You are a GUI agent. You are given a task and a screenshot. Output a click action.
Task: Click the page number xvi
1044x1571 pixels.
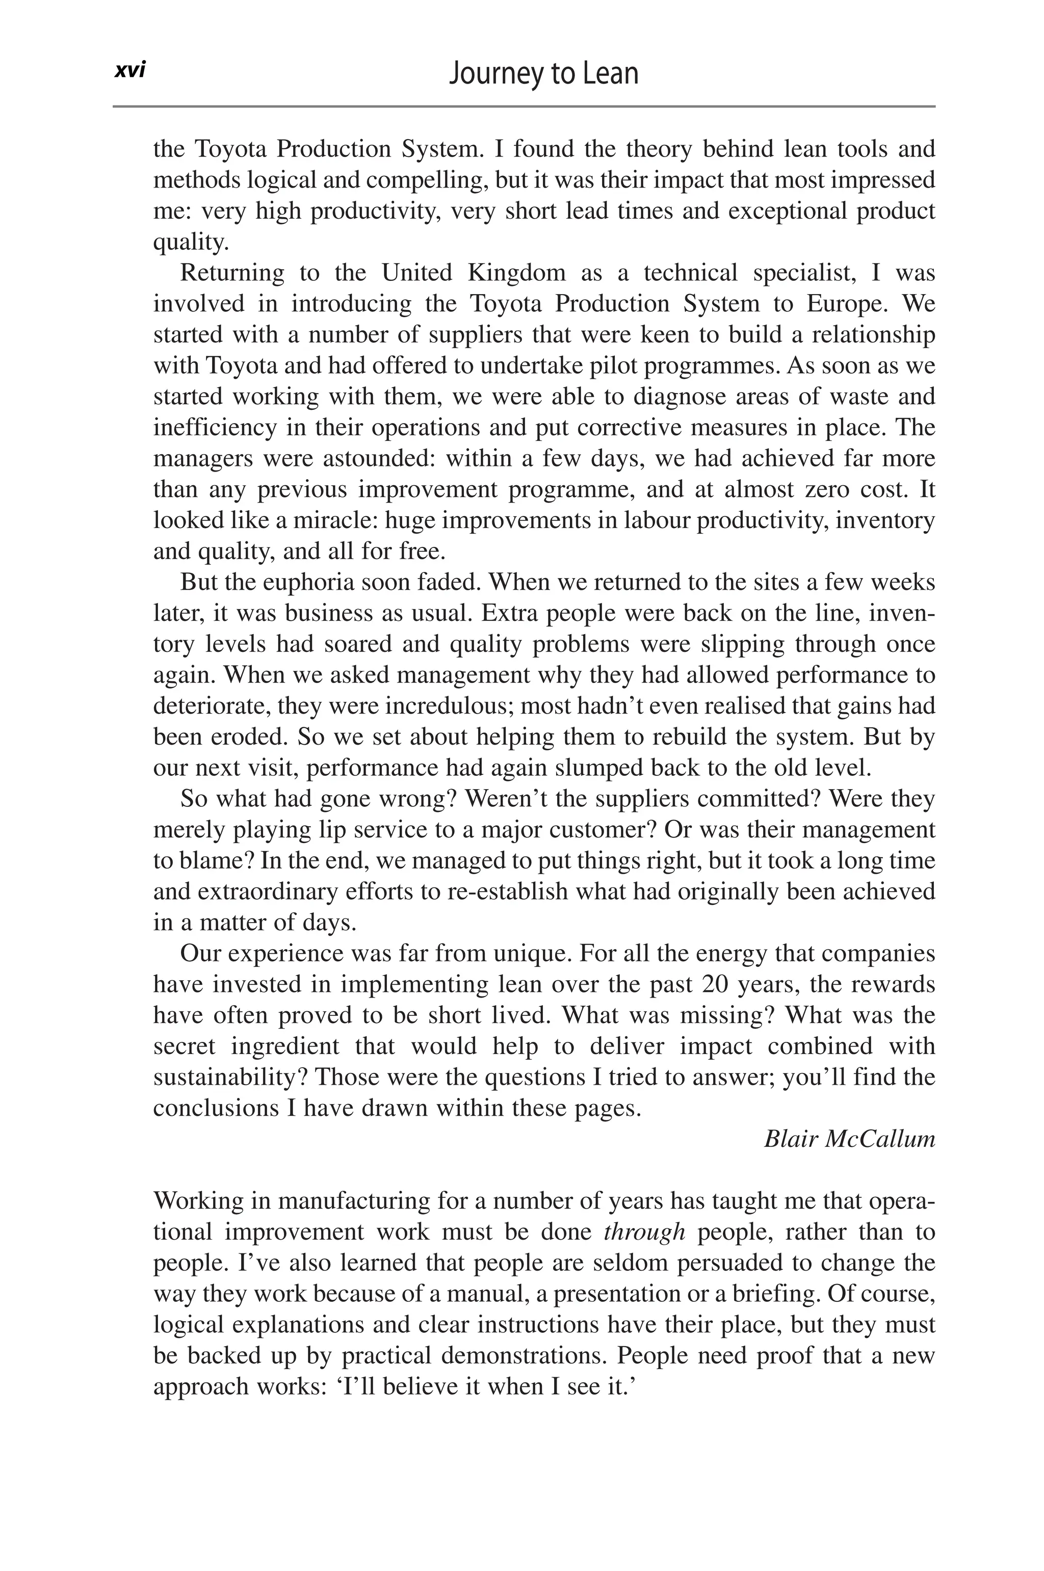130,70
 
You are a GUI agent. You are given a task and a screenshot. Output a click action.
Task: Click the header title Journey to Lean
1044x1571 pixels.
543,73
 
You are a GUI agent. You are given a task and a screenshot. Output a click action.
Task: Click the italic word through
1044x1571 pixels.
644,1232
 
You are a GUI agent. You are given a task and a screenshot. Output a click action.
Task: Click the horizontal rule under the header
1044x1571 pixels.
524,107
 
